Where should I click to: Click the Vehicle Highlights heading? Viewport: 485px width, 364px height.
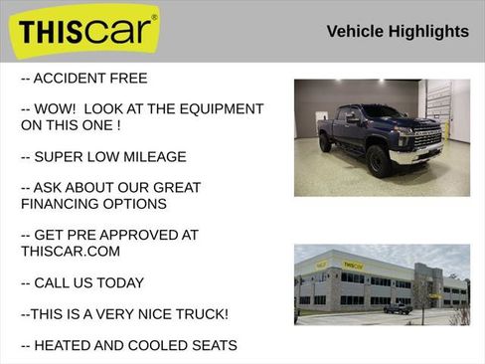398,32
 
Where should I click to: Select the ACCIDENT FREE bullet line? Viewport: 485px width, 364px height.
83,79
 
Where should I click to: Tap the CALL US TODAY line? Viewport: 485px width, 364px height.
82,282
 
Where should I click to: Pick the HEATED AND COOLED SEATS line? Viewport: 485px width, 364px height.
128,345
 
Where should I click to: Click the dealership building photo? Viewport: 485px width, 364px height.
382,284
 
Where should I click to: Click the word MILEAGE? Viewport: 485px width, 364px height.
151,157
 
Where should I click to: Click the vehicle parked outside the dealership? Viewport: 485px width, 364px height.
399,308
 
